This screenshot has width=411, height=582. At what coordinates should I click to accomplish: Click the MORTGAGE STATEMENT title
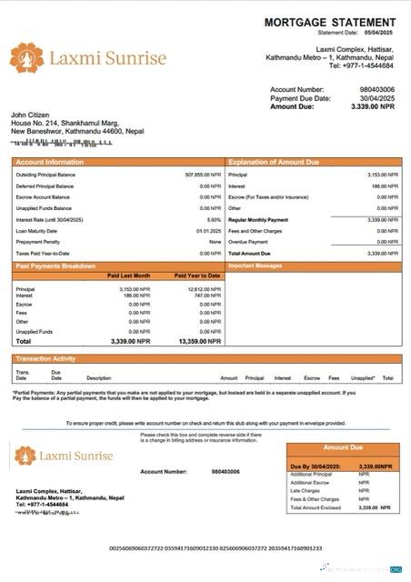coord(330,22)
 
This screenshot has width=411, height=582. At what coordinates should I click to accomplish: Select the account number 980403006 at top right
coord(377,90)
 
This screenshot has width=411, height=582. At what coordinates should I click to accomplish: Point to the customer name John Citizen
coord(32,115)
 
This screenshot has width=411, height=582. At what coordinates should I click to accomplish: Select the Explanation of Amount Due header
coord(275,162)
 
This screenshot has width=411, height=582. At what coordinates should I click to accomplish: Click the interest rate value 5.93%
coord(214,219)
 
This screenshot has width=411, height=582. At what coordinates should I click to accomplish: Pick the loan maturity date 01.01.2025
coord(209,231)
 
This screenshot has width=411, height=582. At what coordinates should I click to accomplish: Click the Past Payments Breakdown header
coord(56,266)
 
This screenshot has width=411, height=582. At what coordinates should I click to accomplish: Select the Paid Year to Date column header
coord(197,275)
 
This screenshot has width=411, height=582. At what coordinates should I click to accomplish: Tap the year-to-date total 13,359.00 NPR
coord(199,341)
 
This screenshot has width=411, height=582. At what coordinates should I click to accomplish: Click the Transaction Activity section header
coord(46,358)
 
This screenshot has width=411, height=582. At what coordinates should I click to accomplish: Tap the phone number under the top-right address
coord(361,65)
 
